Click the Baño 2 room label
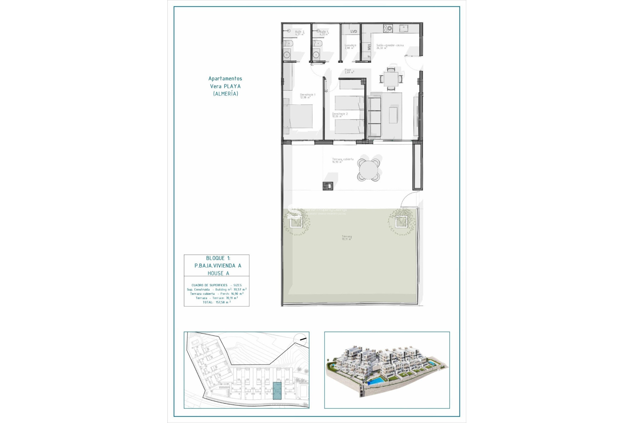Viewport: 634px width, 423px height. pos(299,33)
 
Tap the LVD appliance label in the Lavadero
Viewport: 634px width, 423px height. pos(354,31)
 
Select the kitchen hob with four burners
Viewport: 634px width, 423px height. pos(388,29)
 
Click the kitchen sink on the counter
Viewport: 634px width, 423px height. pos(404,29)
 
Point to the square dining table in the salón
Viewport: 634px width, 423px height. pos(391,79)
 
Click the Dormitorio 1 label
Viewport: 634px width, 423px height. pos(307,96)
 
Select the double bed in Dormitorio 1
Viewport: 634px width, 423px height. pos(298,116)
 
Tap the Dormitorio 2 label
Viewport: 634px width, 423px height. pos(339,115)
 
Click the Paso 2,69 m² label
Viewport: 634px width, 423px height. pos(349,71)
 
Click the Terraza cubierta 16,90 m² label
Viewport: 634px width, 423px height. pos(342,160)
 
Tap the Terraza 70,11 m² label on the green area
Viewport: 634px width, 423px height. pos(346,238)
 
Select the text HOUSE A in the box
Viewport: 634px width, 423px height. pos(218,273)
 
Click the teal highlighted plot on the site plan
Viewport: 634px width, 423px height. pos(277,391)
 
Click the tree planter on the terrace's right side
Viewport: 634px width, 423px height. pos(401,221)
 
